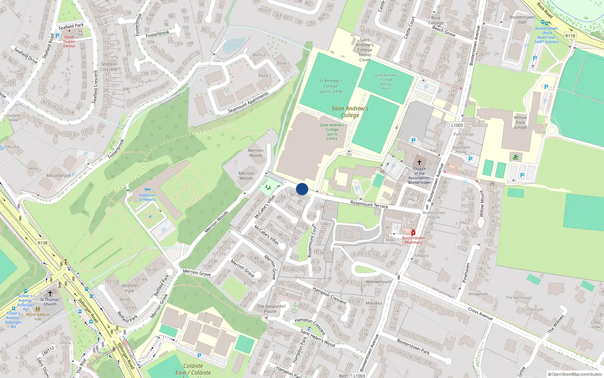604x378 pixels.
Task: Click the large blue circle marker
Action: click(302, 189)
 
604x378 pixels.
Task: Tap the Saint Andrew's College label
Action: click(350, 112)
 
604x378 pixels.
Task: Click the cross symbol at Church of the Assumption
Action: click(419, 163)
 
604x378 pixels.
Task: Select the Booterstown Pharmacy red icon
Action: click(413, 232)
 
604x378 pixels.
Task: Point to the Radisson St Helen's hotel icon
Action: click(147, 189)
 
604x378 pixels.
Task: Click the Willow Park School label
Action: click(520, 122)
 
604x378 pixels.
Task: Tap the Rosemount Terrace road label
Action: click(369, 204)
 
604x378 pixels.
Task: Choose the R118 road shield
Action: click(570, 36)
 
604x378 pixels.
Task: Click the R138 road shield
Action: click(43, 243)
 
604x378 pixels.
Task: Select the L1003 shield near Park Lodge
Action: click(457, 125)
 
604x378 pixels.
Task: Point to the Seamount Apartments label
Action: click(248, 102)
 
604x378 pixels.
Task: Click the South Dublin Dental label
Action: click(69, 42)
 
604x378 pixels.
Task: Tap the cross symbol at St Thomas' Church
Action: click(50, 293)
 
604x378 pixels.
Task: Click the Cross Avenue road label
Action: click(480, 314)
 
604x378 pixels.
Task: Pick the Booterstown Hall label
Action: click(522, 20)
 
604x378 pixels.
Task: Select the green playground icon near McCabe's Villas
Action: click(268, 187)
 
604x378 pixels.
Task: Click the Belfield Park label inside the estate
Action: click(129, 288)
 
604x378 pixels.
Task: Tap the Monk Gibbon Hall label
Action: click(38, 317)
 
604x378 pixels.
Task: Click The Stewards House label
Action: click(270, 309)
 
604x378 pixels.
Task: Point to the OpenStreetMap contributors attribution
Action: click(575, 375)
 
